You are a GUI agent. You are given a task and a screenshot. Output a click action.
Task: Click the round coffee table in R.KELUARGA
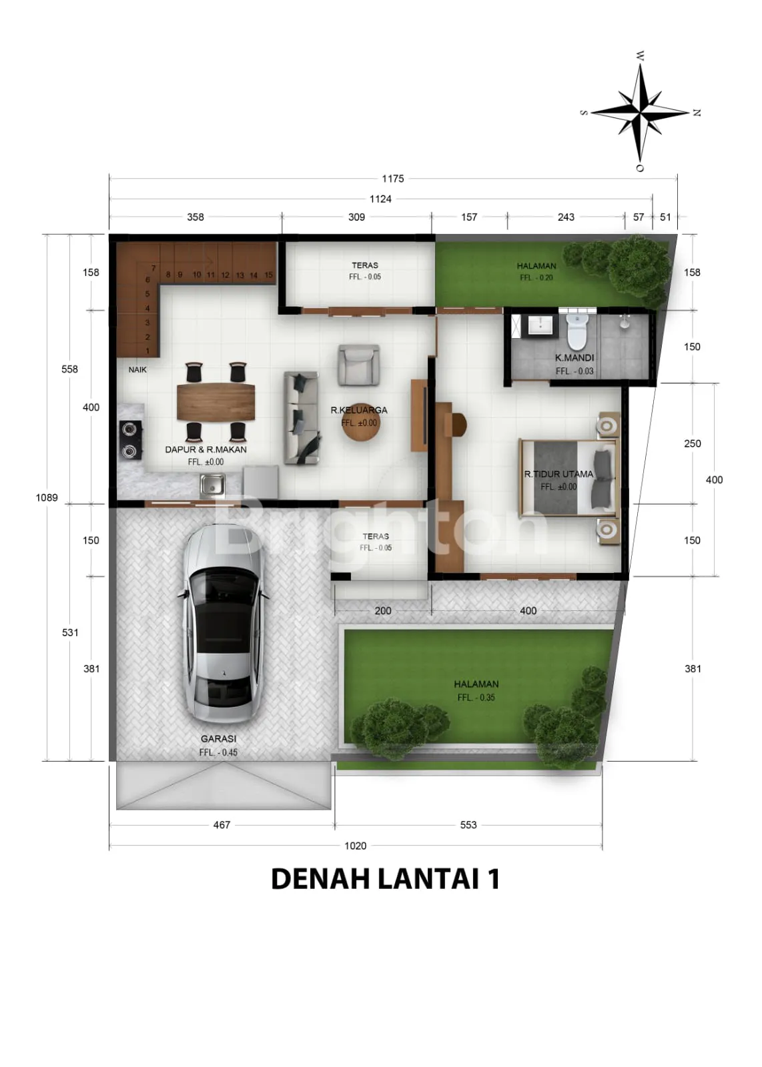tap(361, 423)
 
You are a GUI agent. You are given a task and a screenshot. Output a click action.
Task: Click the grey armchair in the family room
tap(359, 365)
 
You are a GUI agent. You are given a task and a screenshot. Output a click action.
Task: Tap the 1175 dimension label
tap(392, 179)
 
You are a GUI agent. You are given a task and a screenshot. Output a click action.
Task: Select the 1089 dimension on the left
tap(47, 497)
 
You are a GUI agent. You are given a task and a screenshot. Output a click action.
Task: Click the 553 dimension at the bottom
tap(468, 824)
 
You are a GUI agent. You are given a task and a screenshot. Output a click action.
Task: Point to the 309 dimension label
tap(356, 217)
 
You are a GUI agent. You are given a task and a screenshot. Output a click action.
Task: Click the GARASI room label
tap(218, 739)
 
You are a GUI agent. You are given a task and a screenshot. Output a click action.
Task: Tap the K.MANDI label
tap(575, 357)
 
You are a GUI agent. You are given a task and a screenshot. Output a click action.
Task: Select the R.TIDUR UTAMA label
tap(558, 474)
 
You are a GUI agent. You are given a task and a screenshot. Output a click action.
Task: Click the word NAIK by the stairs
tap(137, 369)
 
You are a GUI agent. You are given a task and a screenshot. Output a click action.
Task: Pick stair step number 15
tap(268, 275)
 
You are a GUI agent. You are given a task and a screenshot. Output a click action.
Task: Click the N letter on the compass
tap(696, 113)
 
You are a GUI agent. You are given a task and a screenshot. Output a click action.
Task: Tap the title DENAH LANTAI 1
tap(385, 879)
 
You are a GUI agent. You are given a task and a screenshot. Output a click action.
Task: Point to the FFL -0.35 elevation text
tap(476, 698)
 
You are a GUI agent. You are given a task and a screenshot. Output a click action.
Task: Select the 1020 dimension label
tap(356, 846)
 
